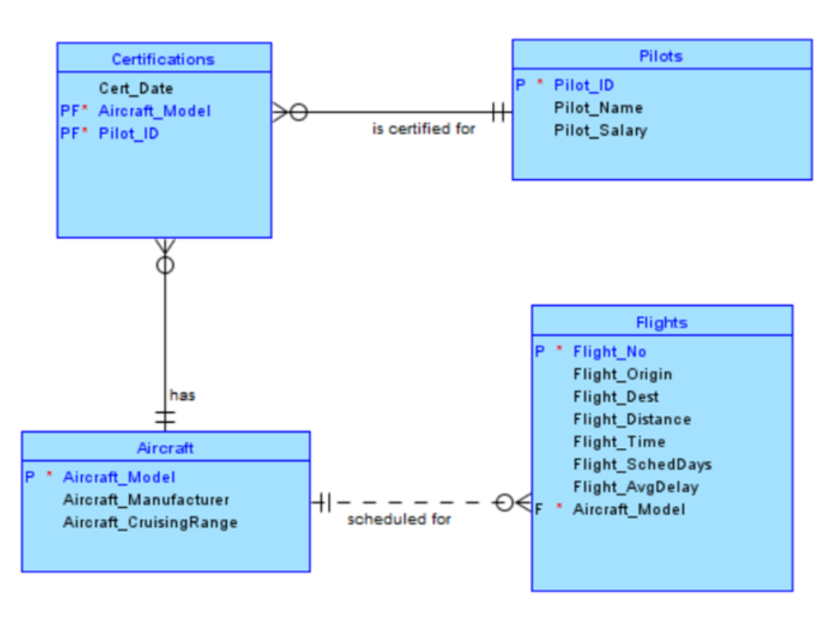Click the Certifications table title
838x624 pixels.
coord(163,59)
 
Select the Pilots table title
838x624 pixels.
coord(660,56)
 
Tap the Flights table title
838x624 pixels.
coord(661,323)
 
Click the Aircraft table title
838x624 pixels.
coord(165,448)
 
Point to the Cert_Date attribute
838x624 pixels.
coord(136,89)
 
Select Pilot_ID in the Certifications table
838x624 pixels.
coord(128,134)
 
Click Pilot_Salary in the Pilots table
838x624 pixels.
coord(600,130)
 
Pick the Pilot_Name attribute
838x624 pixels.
coord(598,108)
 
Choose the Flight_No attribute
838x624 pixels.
coord(610,351)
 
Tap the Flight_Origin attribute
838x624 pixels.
coord(622,374)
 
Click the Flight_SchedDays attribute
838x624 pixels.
coord(642,465)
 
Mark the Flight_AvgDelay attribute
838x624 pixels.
coord(635,487)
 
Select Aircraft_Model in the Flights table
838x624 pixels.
coord(628,509)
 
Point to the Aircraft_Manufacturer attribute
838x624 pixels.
coord(146,500)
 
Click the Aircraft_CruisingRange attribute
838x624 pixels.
coord(150,522)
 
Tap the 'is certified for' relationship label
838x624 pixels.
coord(424,129)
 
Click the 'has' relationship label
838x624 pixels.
coord(182,395)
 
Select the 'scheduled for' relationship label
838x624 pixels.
coord(399,520)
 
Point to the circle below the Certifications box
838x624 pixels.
coord(165,265)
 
